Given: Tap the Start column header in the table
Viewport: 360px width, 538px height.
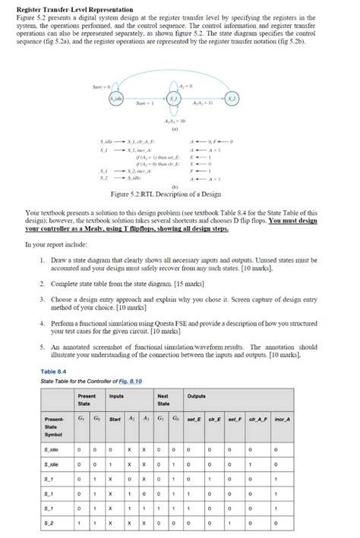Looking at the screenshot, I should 115,419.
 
